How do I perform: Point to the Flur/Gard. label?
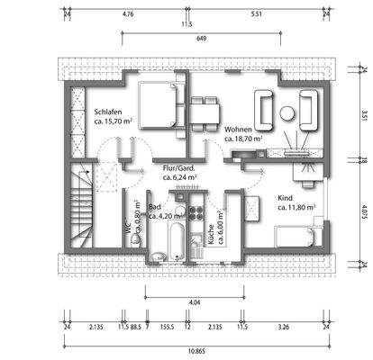point(180,168)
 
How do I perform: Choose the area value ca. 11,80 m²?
point(296,207)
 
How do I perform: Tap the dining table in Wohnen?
point(206,111)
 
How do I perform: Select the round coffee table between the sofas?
point(287,113)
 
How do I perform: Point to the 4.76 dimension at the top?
point(127,14)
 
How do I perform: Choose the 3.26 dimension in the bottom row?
point(285,327)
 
